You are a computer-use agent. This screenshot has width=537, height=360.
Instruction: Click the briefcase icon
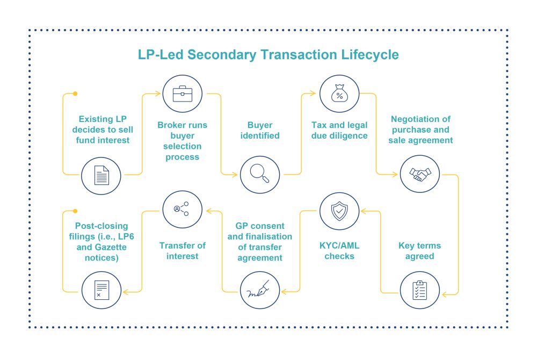point(183,95)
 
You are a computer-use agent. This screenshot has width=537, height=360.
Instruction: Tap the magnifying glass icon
point(259,174)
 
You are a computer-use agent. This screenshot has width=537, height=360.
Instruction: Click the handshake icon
point(420,174)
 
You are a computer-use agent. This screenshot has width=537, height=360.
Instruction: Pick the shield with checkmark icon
point(339,211)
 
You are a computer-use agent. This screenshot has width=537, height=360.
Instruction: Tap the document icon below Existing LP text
point(101,175)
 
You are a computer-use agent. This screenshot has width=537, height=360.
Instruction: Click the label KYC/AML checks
point(339,251)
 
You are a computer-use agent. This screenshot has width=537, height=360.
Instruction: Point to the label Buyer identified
point(259,130)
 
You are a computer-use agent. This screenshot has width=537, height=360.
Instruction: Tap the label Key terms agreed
point(420,251)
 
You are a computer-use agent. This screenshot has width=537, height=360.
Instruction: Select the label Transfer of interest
point(183,251)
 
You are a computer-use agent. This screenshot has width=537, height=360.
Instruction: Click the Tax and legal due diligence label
point(339,130)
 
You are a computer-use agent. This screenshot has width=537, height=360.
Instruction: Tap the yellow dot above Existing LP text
point(75,93)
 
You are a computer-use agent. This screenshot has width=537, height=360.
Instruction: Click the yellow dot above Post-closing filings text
point(75,211)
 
